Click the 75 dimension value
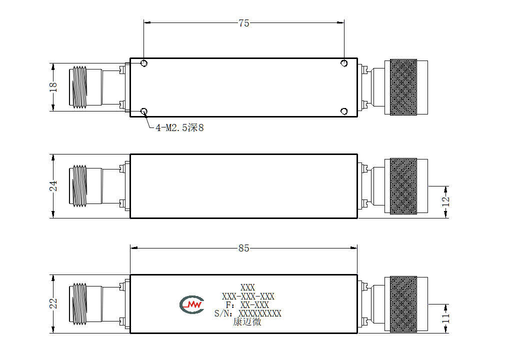click(x=243, y=23)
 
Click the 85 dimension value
click(x=243, y=248)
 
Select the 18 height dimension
click(x=53, y=87)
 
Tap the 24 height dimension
click(x=53, y=186)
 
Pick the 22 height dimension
click(x=53, y=303)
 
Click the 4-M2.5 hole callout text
click(x=179, y=128)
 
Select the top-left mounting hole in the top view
click(x=144, y=63)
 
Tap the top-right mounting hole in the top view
click(x=344, y=63)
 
